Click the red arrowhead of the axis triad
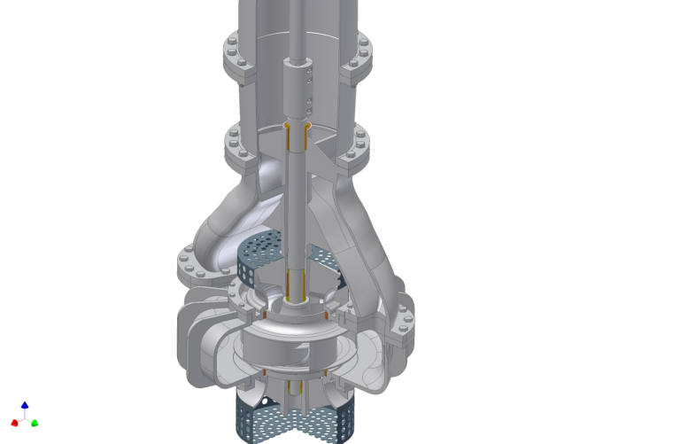point(14,424)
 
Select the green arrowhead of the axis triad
point(35,424)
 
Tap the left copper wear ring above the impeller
point(265,312)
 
